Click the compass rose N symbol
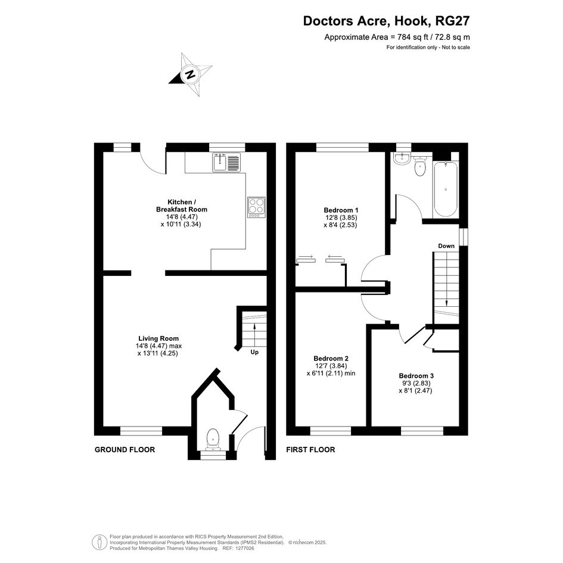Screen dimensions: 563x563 pos(190,74)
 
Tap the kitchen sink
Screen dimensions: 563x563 pos(226,162)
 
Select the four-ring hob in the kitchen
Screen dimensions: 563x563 pos(256,207)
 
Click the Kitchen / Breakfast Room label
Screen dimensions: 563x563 pos(182,206)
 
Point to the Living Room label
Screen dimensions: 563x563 pos(158,338)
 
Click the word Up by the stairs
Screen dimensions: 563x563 pos(254,352)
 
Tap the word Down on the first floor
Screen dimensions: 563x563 pos(446,246)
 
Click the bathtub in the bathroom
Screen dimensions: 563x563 pos(446,189)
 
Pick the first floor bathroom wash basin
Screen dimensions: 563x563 pos(402,158)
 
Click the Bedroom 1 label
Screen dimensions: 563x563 pos(341,210)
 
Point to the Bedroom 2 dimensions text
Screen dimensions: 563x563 pos(331,370)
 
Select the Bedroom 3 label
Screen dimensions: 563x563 pos(416,375)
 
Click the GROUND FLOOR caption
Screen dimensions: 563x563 pos(125,450)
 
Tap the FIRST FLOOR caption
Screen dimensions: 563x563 pos(310,450)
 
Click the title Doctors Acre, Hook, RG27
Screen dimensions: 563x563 pos(386,21)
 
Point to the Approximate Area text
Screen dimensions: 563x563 pos(397,37)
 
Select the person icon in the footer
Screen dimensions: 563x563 pos(99,542)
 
